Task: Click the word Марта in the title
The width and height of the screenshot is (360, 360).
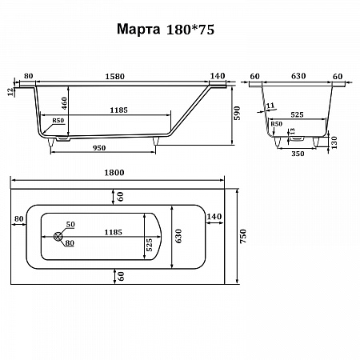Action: (138, 29)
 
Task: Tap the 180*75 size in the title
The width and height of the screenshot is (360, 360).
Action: (190, 30)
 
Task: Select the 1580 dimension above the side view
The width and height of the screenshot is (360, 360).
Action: (114, 77)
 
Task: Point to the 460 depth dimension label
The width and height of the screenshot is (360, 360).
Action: (64, 103)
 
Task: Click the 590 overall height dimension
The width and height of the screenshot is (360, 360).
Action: (237, 113)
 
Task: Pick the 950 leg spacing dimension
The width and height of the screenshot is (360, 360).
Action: (99, 148)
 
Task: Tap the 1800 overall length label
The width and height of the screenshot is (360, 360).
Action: (114, 173)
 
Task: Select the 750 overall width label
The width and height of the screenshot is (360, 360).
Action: (243, 236)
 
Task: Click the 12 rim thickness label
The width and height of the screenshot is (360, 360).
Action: (10, 92)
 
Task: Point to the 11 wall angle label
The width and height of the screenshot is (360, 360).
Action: (270, 106)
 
